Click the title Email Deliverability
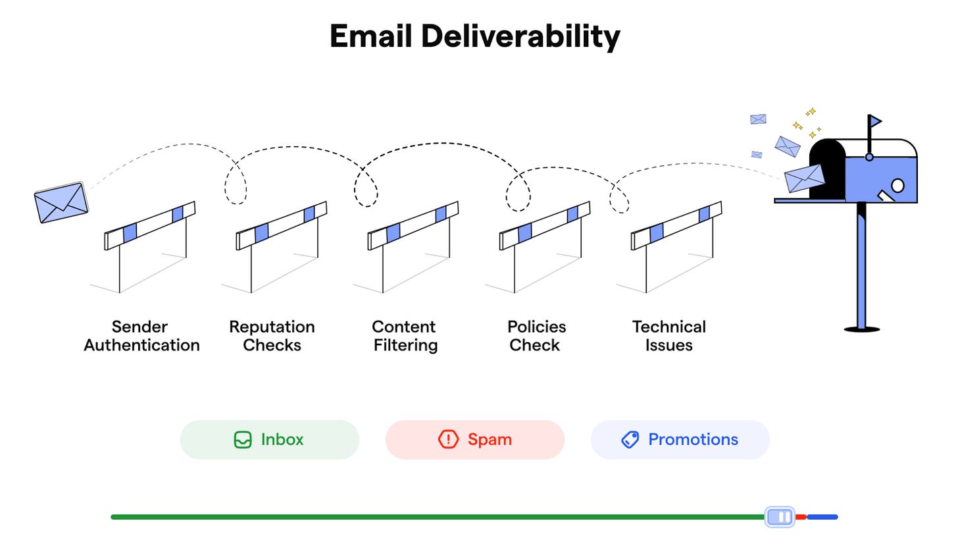(474, 36)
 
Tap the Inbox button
(269, 439)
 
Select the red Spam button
(474, 439)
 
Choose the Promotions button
(680, 439)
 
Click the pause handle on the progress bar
(780, 517)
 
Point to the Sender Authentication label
(141, 336)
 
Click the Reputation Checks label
(272, 336)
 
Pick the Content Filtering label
(405, 336)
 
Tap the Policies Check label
(536, 336)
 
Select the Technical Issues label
(668, 336)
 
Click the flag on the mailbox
(875, 121)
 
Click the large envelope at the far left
(61, 202)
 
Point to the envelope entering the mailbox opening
(804, 178)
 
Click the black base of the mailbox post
(861, 329)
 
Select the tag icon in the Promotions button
(630, 439)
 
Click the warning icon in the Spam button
(448, 439)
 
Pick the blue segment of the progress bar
(822, 517)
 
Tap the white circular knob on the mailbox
(897, 185)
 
